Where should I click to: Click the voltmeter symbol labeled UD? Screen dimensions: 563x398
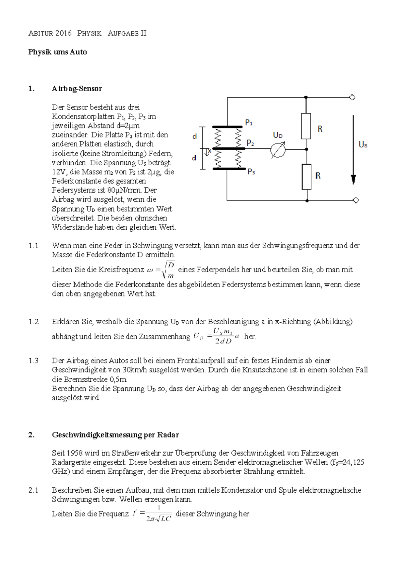click(278, 150)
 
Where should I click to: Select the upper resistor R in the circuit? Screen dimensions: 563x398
click(306, 126)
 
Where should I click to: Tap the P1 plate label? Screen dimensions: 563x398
click(249, 123)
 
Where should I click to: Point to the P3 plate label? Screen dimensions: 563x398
click(251, 172)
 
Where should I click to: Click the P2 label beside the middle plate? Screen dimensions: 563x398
click(250, 143)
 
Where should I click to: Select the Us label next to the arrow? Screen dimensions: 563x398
click(363, 145)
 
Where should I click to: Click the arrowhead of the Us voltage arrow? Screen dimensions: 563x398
click(354, 179)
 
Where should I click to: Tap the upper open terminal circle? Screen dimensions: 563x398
click(353, 98)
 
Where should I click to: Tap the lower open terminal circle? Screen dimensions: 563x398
click(356, 200)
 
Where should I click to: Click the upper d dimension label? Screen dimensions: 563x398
click(195, 136)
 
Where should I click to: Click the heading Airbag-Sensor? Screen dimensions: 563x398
click(77, 89)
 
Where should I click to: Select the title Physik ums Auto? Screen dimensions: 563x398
click(57, 52)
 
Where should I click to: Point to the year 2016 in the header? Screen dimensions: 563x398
click(64, 33)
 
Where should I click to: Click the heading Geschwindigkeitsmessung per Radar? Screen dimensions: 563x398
click(115, 435)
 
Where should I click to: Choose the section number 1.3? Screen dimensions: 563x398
click(33, 361)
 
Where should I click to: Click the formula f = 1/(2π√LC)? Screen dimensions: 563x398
click(152, 514)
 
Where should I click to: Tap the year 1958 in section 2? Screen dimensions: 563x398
click(75, 453)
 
